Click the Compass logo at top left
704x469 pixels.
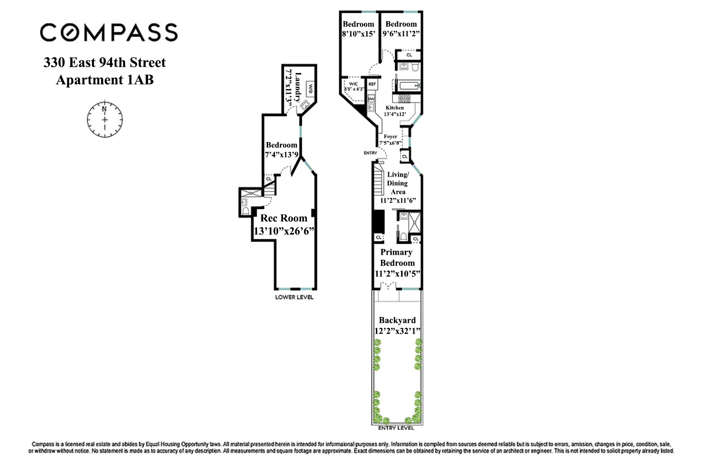[x=109, y=32]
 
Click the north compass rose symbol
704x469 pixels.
[x=105, y=120]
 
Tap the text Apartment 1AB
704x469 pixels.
[x=105, y=80]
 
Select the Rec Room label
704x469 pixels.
[x=284, y=218]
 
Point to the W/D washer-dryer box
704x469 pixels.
[x=310, y=89]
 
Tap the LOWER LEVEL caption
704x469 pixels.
[x=294, y=297]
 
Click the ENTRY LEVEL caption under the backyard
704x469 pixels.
[x=396, y=428]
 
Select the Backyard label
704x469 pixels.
[x=397, y=320]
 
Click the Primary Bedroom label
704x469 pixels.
[x=397, y=257]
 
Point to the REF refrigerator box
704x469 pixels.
[x=372, y=84]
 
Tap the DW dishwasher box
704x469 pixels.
[x=371, y=98]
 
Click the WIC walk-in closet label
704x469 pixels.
[x=353, y=84]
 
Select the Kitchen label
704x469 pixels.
[x=394, y=108]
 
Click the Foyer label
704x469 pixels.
[x=390, y=136]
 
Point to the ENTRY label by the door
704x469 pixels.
[x=370, y=153]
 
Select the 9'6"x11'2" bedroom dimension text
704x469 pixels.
[x=401, y=33]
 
